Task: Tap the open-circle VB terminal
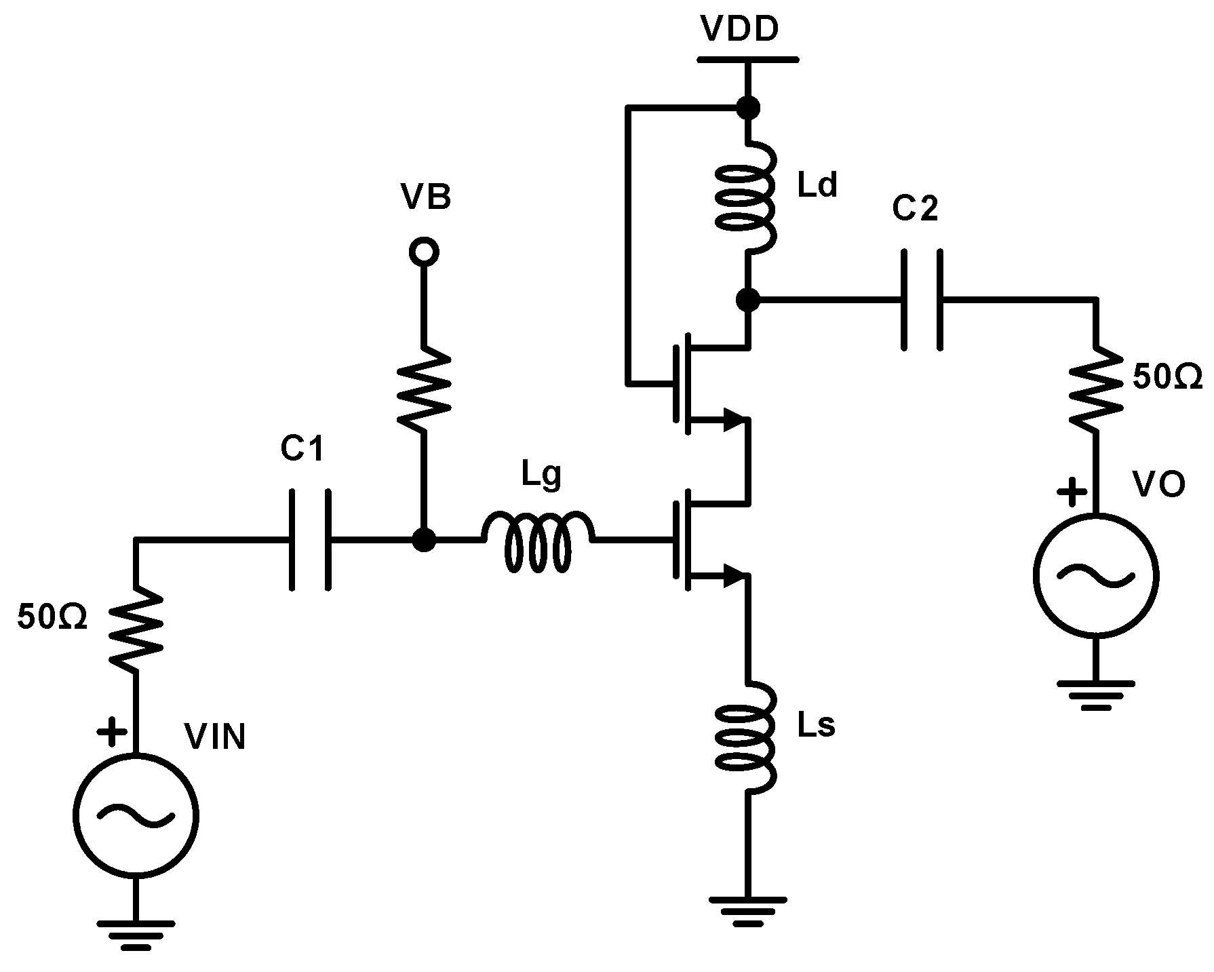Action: point(424,252)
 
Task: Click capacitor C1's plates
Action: point(310,541)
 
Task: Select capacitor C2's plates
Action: point(922,299)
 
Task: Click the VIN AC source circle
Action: point(136,815)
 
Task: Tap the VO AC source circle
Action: point(1095,575)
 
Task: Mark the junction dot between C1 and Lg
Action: point(424,541)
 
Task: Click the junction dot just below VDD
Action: point(747,107)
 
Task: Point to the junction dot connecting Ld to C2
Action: point(747,299)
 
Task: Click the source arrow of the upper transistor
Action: point(731,421)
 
